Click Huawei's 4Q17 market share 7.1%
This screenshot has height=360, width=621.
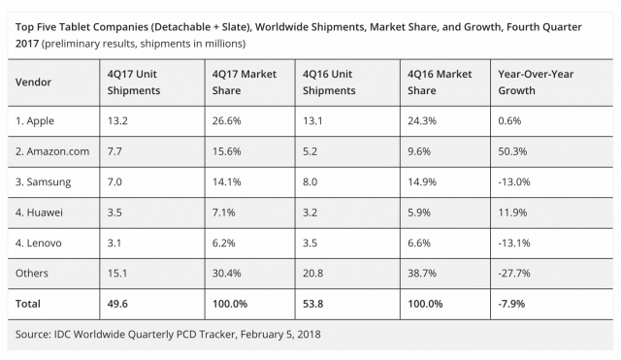pos(222,212)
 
